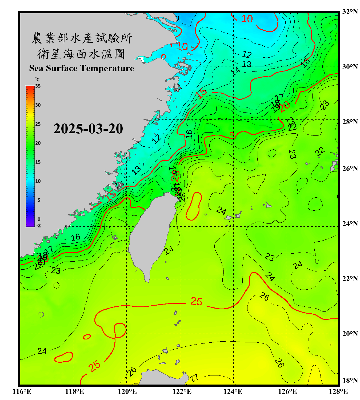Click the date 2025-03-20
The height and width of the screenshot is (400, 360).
click(88, 129)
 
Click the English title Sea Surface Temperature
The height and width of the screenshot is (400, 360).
click(82, 68)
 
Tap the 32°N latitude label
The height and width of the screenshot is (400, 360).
click(350, 12)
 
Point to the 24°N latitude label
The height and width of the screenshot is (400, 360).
click(350, 224)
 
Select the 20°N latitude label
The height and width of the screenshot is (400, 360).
click(350, 334)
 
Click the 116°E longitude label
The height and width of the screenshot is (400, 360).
click(22, 391)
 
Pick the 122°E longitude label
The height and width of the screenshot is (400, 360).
click(182, 391)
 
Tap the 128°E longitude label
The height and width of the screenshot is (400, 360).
click(338, 391)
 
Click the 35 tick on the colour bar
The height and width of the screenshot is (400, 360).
click(38, 86)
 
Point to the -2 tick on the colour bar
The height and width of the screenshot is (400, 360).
click(38, 226)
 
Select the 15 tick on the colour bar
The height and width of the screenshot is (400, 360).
click(38, 162)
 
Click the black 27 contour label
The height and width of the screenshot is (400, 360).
click(194, 378)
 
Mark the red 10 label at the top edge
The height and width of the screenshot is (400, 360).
click(247, 19)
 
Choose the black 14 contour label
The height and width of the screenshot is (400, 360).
click(235, 71)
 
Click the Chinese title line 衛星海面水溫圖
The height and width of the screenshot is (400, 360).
click(81, 54)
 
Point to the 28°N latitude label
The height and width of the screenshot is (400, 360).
click(350, 122)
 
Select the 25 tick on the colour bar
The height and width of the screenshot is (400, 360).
click(38, 124)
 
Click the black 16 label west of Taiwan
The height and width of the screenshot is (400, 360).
click(76, 237)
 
